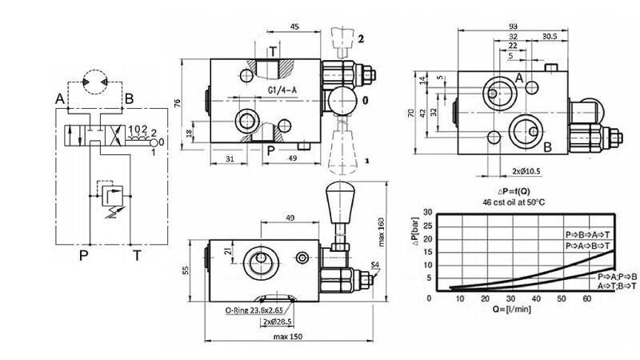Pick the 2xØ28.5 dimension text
(277, 322)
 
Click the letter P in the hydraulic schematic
(82, 255)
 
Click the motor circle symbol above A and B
(94, 78)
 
